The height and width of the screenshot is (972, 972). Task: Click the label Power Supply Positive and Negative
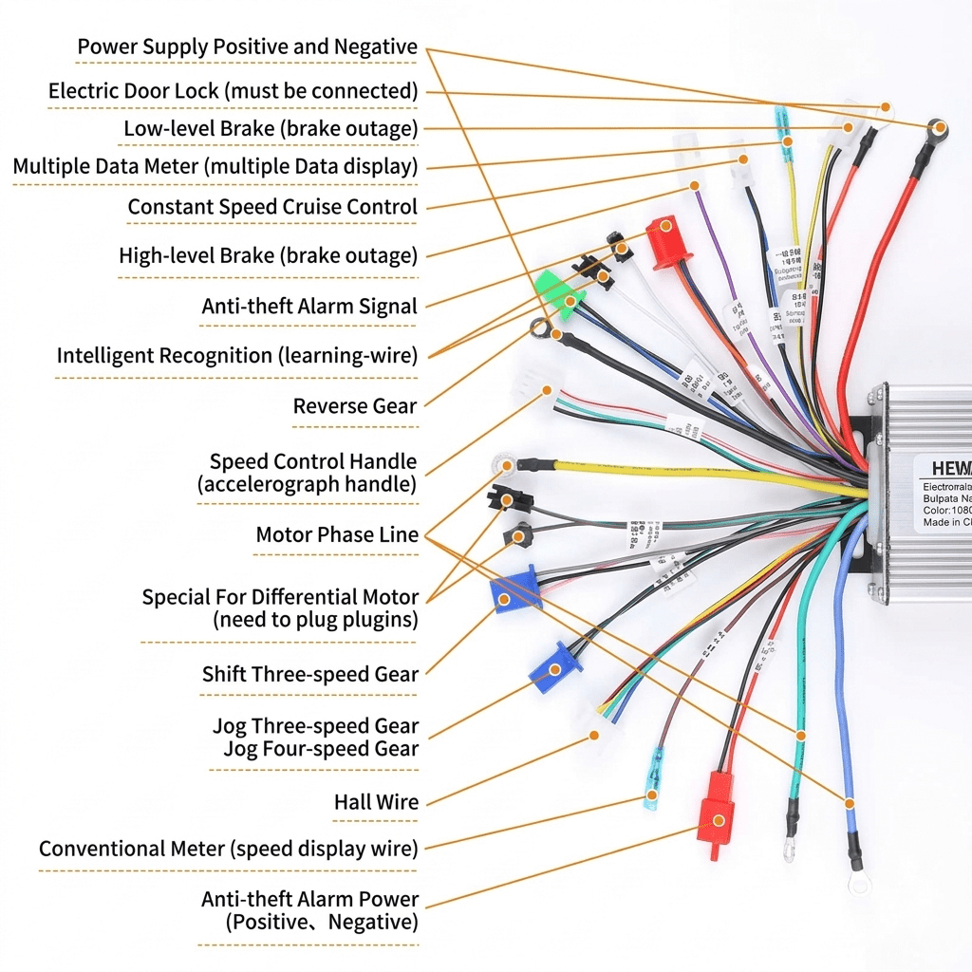click(247, 47)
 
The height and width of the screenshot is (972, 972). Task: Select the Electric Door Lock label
click(233, 91)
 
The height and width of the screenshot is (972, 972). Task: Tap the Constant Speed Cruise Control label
click(272, 207)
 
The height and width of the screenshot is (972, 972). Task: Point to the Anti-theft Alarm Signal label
click(309, 307)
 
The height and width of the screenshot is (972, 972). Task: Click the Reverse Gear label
click(354, 406)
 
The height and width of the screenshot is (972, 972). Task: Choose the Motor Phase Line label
click(337, 535)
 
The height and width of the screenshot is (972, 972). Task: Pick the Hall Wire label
click(376, 803)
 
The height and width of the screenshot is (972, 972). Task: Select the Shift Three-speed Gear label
click(309, 675)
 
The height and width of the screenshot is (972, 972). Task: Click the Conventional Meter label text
click(228, 849)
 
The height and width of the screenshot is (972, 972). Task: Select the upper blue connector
click(514, 589)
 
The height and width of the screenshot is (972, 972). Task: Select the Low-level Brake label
click(271, 128)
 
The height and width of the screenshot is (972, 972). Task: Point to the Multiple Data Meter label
click(215, 167)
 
